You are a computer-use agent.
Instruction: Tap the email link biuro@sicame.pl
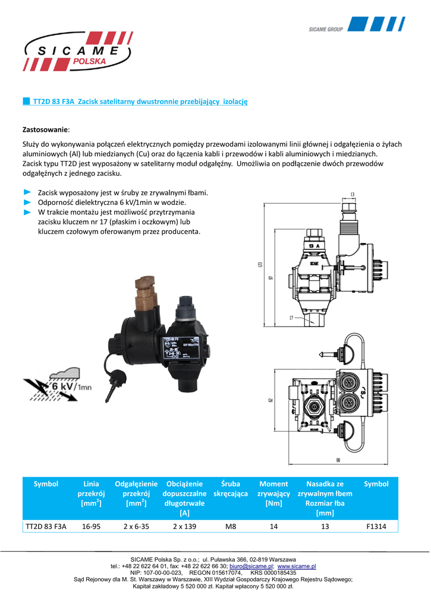(252, 566)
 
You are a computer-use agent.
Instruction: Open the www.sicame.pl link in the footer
(297, 566)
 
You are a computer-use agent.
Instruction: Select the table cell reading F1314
(376, 526)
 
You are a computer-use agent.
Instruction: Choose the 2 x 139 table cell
(184, 526)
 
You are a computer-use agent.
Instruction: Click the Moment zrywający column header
(273, 493)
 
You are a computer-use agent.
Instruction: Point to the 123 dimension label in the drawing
(260, 265)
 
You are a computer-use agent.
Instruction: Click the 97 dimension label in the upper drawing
(270, 278)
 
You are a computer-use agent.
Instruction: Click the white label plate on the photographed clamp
(184, 350)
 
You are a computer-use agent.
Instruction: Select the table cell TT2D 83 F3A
(46, 526)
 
